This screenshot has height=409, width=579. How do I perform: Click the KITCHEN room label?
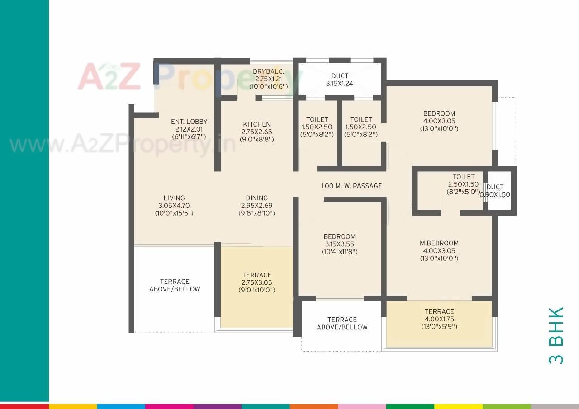[x=256, y=124]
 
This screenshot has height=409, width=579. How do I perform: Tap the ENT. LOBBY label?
[x=189, y=122]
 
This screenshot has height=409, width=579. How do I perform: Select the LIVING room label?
[x=174, y=198]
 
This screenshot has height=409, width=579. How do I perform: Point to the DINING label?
[x=256, y=198]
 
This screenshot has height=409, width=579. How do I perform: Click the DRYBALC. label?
[x=269, y=71]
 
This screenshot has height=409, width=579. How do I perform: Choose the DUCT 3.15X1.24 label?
[x=340, y=76]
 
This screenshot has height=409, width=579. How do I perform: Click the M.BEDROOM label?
[x=439, y=243]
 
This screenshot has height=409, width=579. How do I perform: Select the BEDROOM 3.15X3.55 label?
[x=339, y=236]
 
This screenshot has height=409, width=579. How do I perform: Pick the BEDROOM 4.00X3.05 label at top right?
[x=439, y=113]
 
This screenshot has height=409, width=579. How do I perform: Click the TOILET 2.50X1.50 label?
[x=463, y=177]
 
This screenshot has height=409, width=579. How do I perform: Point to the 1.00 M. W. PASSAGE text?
[x=351, y=186]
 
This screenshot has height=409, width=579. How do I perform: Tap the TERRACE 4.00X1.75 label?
[x=439, y=311]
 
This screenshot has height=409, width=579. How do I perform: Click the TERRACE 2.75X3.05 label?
[x=256, y=275]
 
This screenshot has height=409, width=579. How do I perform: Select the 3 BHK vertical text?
[x=556, y=336]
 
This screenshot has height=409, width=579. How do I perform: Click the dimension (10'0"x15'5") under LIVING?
[x=174, y=213]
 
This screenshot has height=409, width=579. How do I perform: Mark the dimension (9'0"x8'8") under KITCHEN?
[x=256, y=139]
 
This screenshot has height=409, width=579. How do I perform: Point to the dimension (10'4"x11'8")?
[x=339, y=251]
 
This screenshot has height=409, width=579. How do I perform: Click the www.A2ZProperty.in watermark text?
[x=122, y=145]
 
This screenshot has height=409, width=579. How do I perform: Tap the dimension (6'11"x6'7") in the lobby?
[x=189, y=136]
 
